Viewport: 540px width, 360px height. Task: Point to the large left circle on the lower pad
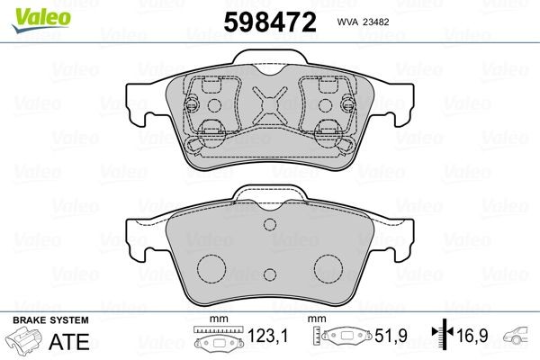(211, 266)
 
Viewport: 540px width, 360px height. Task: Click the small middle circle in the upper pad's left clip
(213, 104)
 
